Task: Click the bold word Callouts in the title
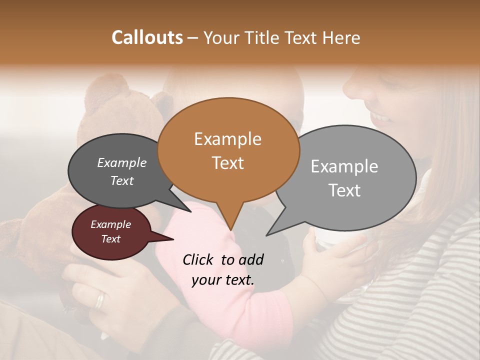tap(147, 37)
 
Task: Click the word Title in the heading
tap(261, 37)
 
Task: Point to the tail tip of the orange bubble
tap(230, 229)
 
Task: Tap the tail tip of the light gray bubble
tap(268, 234)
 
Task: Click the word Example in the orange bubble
tap(227, 139)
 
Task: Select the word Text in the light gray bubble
tap(344, 190)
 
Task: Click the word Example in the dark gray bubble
tap(121, 162)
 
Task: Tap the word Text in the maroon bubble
tap(111, 239)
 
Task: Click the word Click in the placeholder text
tap(198, 259)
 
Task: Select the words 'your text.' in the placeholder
tap(222, 280)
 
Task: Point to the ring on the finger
tap(100, 299)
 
